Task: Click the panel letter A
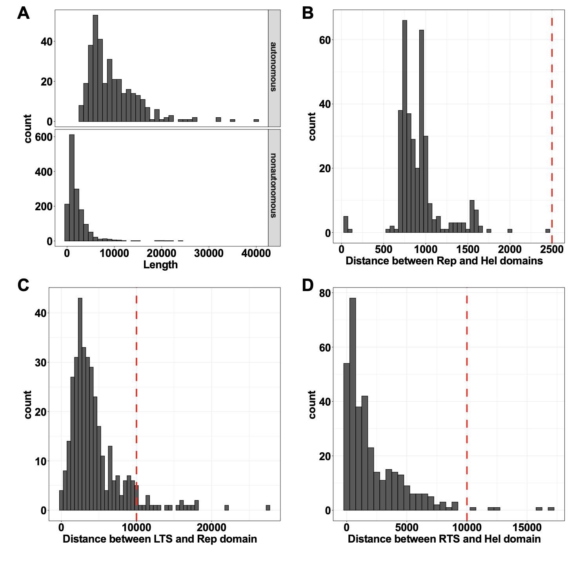pyautogui.click(x=24, y=14)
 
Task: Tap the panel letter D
pyautogui.click(x=308, y=286)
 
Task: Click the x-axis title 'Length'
pyautogui.click(x=160, y=265)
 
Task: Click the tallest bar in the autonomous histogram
pyautogui.click(x=95, y=68)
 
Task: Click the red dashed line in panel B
pyautogui.click(x=552, y=118)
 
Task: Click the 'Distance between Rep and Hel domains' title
pyautogui.click(x=444, y=260)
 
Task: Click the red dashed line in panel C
pyautogui.click(x=136, y=392)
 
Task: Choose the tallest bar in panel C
pyautogui.click(x=80, y=404)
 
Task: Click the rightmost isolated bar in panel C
pyautogui.click(x=268, y=508)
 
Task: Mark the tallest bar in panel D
pyautogui.click(x=353, y=404)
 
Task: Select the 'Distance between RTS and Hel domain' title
pyautogui.click(x=444, y=539)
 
